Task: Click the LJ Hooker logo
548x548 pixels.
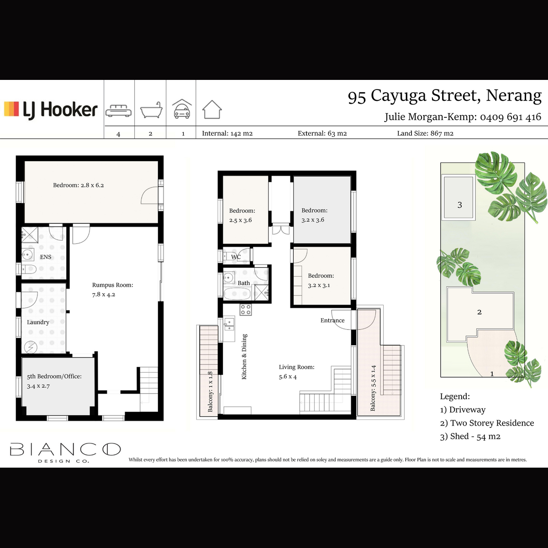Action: pos(51,110)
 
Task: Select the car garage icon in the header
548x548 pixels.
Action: pos(182,109)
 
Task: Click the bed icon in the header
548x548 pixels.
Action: pos(118,111)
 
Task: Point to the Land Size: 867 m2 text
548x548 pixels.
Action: pos(425,133)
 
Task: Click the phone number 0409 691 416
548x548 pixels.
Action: pos(511,117)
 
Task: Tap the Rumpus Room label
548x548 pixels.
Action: pos(113,285)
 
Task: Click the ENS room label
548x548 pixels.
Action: pos(46,257)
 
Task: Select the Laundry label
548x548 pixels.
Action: pos(38,322)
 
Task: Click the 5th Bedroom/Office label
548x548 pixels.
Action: pos(54,376)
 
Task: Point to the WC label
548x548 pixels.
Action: pos(236,257)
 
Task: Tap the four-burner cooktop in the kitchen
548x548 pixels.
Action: pos(246,310)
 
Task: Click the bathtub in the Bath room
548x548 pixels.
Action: pos(237,294)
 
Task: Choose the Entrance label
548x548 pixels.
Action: pos(332,320)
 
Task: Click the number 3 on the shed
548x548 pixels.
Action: pos(459,205)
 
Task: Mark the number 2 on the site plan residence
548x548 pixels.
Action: pos(479,312)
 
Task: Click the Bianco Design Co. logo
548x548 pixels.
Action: pos(65,453)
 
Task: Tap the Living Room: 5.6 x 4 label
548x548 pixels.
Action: pos(297,372)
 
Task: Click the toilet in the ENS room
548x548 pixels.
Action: pos(29,269)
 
